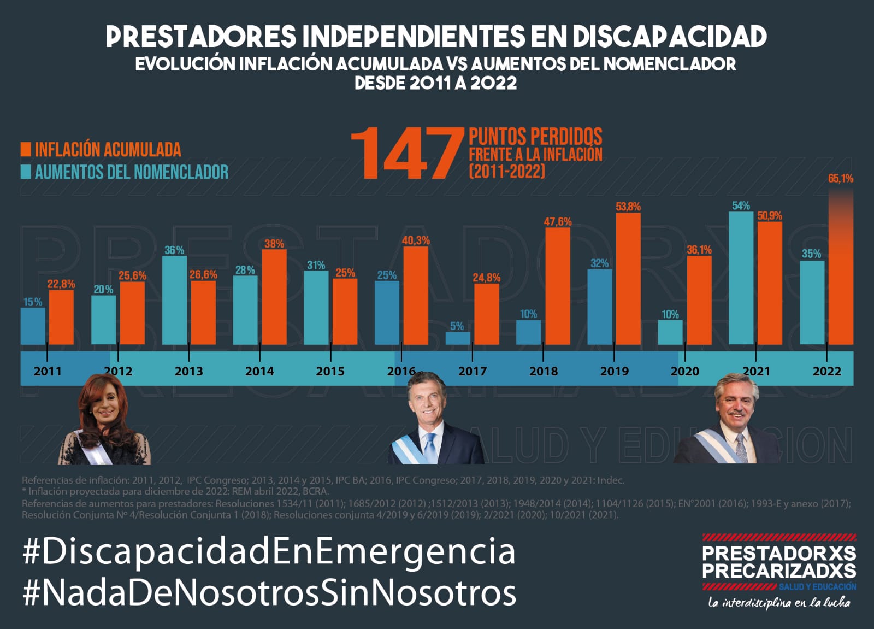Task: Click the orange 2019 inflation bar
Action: pos(628,279)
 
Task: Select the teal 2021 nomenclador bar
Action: pos(741,278)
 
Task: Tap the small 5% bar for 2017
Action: pos(457,338)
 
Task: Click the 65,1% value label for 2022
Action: pos(840,179)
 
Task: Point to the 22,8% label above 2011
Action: pos(61,284)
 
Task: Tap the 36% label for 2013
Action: pos(174,250)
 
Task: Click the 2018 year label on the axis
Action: pos(544,372)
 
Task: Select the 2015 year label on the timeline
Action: pos(330,372)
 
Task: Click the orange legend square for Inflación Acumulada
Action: pos(26,150)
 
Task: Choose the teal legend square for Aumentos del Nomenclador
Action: pos(26,172)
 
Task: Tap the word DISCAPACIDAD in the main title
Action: pos(669,37)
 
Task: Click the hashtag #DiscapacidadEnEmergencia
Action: pos(269,551)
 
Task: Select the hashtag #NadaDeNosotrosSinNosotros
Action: pos(269,592)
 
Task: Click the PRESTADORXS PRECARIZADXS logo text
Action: pos(778,562)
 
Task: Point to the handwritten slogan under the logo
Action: pos(778,603)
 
